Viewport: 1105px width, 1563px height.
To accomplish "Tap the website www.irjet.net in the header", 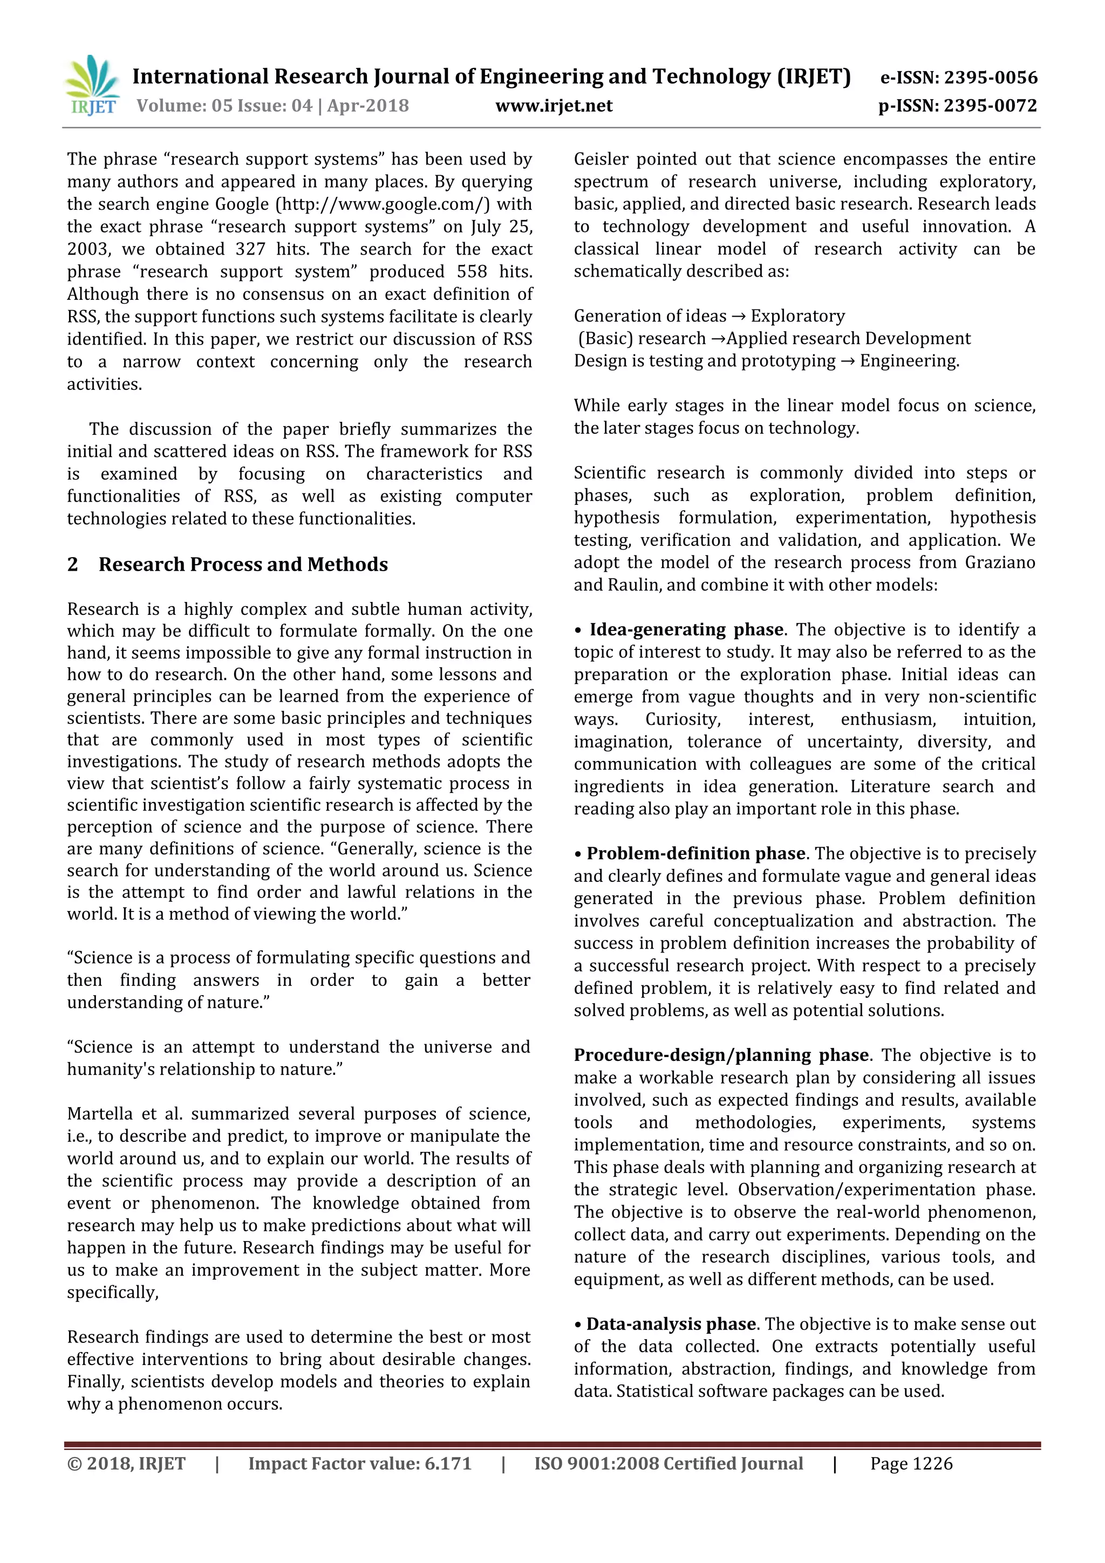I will tap(554, 106).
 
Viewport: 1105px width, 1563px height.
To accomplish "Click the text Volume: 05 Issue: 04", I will tap(224, 106).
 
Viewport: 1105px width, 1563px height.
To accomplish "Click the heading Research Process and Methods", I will tap(243, 564).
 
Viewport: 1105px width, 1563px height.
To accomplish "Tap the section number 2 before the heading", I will tap(73, 564).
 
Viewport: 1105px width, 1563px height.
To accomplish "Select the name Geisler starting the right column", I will tap(601, 159).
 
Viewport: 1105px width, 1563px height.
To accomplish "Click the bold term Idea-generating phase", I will tap(686, 630).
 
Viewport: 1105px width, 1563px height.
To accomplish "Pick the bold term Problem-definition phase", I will tap(696, 854).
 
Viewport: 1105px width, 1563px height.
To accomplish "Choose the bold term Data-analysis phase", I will tap(671, 1324).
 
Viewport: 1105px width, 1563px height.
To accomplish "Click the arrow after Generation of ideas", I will tap(738, 317).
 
